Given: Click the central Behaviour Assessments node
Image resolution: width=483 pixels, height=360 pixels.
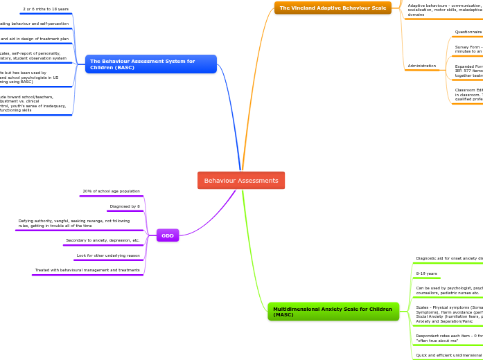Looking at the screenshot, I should pos(240,181).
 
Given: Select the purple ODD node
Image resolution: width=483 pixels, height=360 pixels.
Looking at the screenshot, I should pos(168,235).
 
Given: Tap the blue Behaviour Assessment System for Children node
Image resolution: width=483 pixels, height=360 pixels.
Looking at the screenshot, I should pos(150,64).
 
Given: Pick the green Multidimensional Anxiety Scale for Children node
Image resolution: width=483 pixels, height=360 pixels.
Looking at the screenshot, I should pos(333,312).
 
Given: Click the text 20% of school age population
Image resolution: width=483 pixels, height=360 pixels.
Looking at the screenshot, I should pos(111,191).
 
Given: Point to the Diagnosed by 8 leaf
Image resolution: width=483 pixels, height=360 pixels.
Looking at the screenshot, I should pos(125,206).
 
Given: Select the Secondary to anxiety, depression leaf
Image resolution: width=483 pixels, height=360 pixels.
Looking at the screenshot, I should pos(103,240).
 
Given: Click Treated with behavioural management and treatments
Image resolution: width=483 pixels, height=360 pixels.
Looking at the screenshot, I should pos(87,270).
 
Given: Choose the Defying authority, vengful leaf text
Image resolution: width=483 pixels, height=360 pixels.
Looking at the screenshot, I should pos(73,223).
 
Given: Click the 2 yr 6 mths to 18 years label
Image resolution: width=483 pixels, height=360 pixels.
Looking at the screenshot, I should pos(46,9).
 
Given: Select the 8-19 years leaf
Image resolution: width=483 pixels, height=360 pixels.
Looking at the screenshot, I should pos(426,273).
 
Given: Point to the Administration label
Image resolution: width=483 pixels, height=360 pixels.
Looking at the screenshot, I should pos(422,66).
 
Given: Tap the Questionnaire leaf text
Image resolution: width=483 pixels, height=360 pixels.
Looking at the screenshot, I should pos(468,32).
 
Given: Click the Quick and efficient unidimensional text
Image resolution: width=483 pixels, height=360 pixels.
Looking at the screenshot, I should pos(448,355).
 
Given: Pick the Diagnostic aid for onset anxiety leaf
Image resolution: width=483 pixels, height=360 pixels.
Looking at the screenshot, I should pos(448,258).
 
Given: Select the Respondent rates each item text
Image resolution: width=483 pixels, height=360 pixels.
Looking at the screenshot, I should pos(448,338).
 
